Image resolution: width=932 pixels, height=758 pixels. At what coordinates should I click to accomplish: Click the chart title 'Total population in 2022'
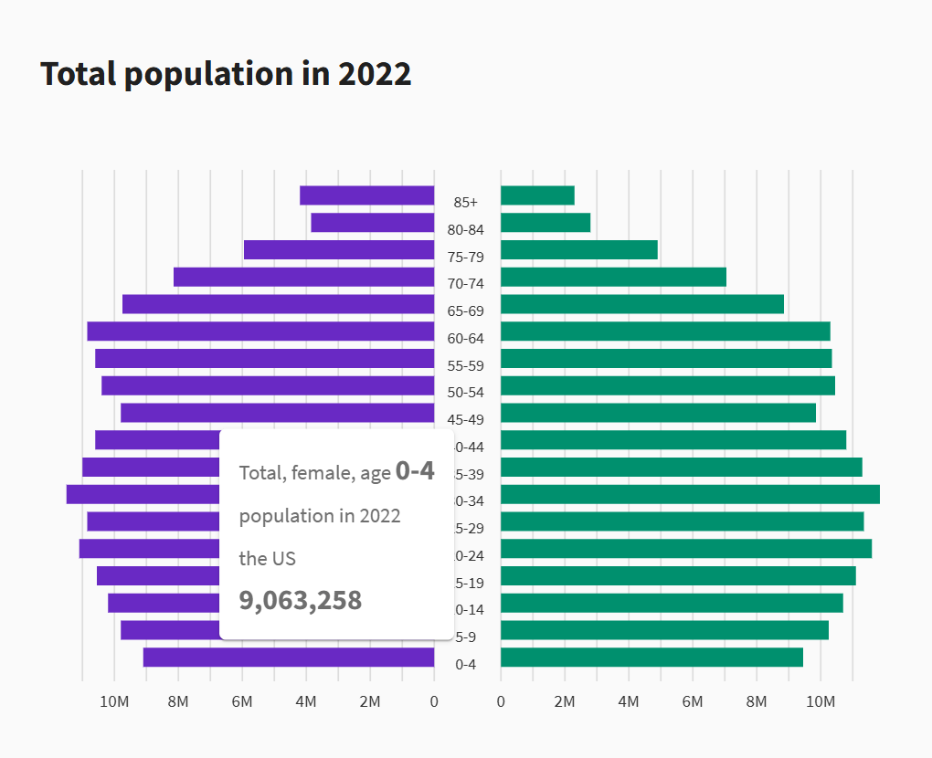[226, 74]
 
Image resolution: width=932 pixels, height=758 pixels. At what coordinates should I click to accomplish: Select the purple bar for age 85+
[366, 195]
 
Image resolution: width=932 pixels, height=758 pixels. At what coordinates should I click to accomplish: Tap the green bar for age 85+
[537, 195]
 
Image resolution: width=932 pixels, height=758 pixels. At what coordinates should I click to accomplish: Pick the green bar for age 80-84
[545, 223]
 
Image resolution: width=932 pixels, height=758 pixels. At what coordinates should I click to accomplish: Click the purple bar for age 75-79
[339, 250]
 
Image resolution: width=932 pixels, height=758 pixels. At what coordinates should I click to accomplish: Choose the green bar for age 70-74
[613, 277]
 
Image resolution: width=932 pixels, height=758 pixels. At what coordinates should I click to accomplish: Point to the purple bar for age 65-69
[278, 304]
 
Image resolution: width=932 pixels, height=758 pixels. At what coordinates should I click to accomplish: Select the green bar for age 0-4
[651, 658]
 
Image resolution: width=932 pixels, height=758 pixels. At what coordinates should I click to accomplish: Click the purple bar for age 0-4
[289, 658]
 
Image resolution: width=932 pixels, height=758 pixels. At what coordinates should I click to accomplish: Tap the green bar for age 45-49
[658, 413]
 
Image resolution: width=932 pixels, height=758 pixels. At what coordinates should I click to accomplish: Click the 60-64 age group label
[466, 339]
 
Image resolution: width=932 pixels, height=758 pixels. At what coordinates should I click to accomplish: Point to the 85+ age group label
[466, 202]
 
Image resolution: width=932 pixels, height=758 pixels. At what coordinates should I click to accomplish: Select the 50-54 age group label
[466, 393]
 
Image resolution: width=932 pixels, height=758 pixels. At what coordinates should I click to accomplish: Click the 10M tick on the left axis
[114, 702]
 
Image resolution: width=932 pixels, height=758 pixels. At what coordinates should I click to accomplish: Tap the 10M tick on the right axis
[821, 702]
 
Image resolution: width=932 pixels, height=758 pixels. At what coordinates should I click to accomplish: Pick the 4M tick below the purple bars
[306, 702]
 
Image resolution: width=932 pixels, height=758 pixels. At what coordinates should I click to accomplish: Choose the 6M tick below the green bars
[693, 702]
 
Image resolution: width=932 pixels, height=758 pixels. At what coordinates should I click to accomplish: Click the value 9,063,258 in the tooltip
[301, 601]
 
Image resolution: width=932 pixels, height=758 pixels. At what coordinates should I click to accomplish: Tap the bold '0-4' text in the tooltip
[415, 471]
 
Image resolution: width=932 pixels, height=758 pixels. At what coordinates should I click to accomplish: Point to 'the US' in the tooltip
[268, 559]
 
